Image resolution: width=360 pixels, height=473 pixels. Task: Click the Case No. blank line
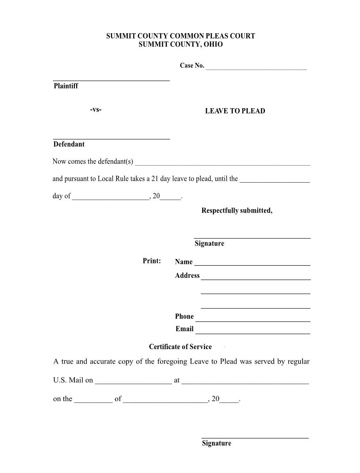(256, 69)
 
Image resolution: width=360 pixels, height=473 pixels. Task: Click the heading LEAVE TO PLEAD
(235, 111)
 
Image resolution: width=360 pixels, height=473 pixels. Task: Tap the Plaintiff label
(65, 86)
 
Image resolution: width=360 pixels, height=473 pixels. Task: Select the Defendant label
(69, 144)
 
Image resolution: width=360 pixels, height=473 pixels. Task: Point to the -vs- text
(95, 109)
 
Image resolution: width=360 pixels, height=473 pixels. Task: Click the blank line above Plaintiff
(111, 80)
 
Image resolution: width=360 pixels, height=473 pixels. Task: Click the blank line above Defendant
(111, 139)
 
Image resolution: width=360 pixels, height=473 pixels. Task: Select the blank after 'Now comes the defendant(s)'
(222, 164)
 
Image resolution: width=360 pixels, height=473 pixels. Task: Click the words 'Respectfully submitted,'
(237, 210)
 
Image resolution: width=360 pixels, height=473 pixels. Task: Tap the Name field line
(252, 264)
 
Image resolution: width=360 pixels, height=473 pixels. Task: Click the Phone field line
(253, 320)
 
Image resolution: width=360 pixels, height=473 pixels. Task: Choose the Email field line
(252, 333)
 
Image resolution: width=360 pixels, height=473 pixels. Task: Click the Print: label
(152, 261)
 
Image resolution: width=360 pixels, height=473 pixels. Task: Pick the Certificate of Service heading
(180, 347)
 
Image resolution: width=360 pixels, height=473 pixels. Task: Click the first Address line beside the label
(256, 279)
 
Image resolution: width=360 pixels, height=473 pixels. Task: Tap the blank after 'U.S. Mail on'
(133, 383)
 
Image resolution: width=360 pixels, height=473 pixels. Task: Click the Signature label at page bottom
(217, 443)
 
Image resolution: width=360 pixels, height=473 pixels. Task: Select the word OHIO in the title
(213, 45)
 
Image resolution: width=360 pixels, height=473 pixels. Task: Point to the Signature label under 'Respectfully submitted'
(209, 244)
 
